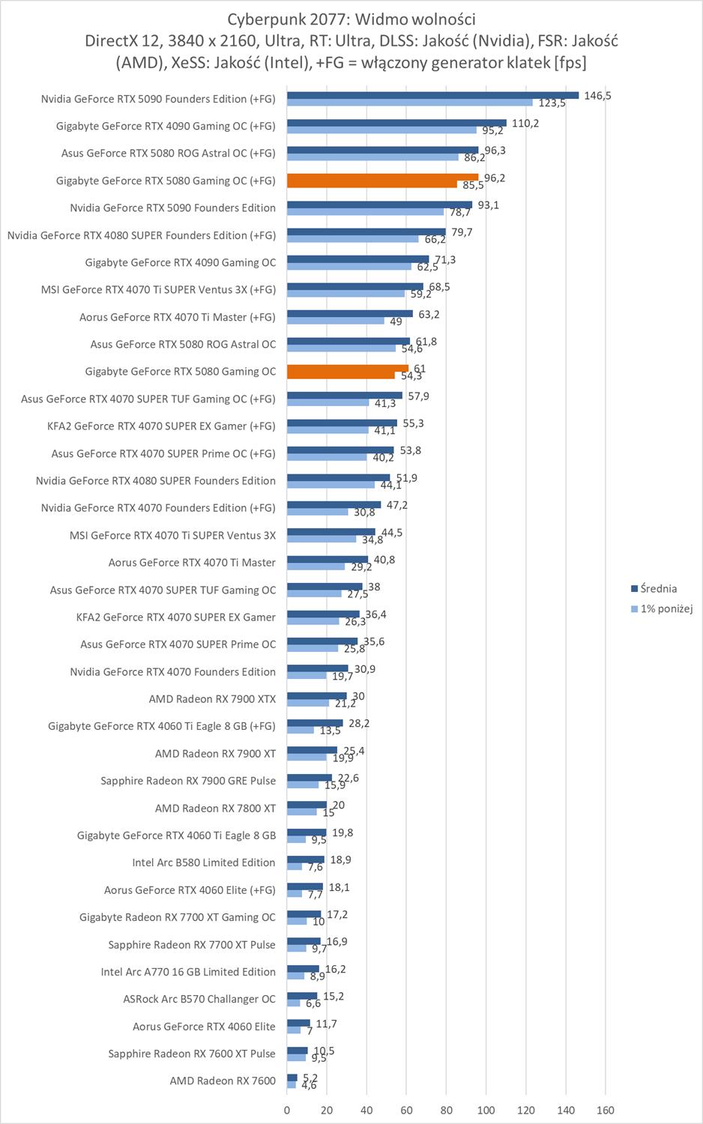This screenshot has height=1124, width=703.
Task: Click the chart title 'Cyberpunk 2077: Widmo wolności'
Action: tap(351, 19)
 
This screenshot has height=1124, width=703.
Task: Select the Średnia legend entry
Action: tap(658, 589)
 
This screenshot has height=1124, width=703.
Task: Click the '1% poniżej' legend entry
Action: tap(666, 608)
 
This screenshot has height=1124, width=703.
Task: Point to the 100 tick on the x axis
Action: tap(486, 1110)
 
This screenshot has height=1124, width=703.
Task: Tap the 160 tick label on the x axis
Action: tap(606, 1110)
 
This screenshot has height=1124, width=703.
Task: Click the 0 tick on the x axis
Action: tap(287, 1110)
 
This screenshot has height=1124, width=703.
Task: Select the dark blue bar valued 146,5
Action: tap(432, 95)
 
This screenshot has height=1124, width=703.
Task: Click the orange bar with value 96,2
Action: tap(382, 178)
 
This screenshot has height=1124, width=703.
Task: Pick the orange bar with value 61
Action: tap(348, 369)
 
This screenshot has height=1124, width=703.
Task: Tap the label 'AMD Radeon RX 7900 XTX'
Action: tap(212, 699)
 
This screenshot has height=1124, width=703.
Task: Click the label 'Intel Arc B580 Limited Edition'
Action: tap(204, 862)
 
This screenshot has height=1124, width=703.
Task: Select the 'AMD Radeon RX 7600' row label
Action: tap(223, 1081)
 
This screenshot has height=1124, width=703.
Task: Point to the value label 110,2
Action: tap(525, 123)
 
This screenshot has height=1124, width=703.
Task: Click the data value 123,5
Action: tap(552, 103)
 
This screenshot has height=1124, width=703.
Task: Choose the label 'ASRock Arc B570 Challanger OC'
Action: tap(199, 999)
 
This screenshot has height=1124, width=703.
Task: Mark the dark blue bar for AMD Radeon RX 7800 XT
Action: tap(307, 805)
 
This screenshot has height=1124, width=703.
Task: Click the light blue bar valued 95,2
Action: tap(381, 130)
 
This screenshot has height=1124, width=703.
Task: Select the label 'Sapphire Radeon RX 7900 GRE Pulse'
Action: tap(188, 781)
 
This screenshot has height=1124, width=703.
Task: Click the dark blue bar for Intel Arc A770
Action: tap(303, 968)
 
